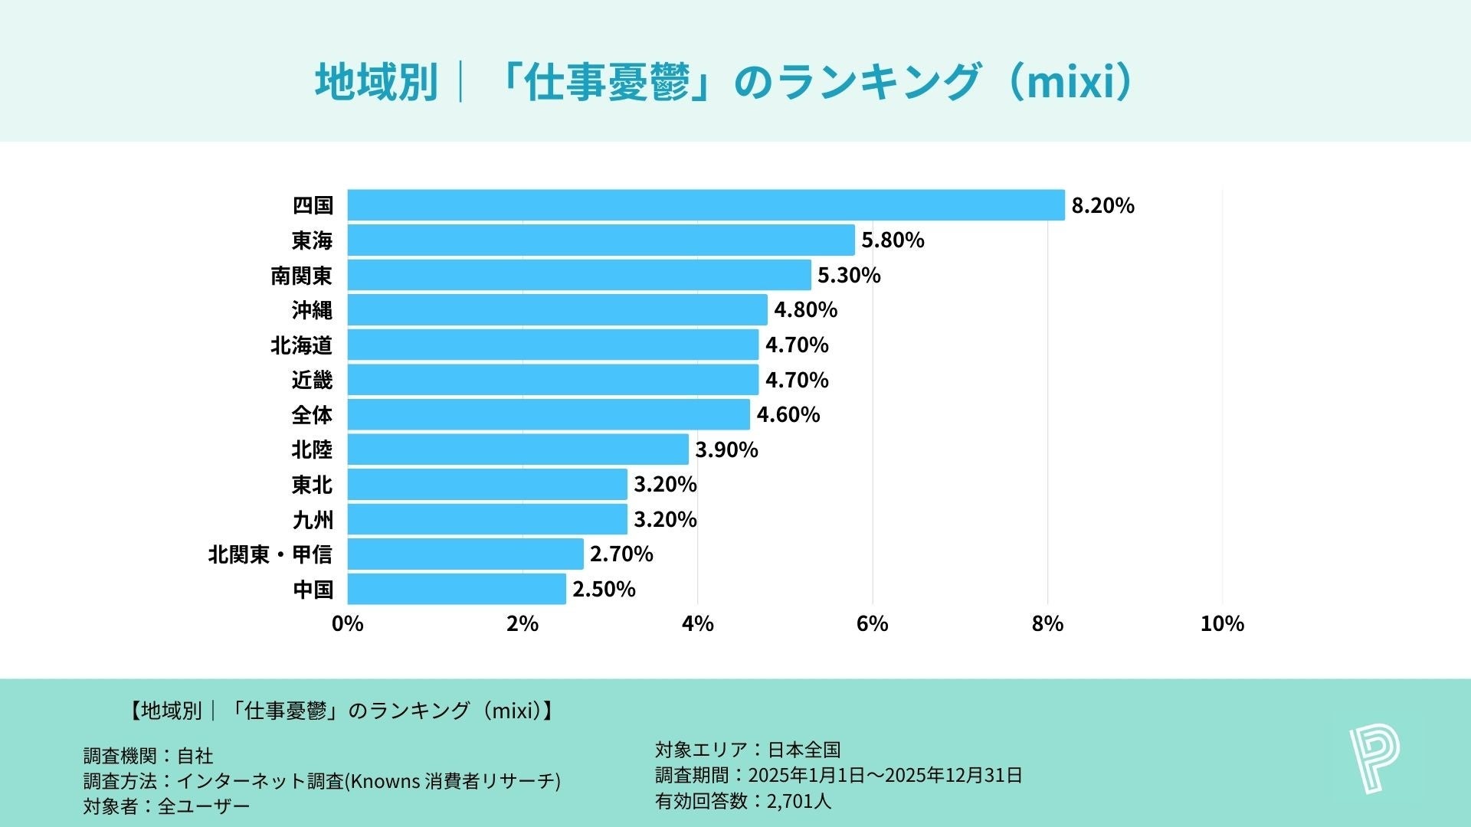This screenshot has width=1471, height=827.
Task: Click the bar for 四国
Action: coord(706,205)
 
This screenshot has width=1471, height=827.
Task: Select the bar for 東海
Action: coord(601,240)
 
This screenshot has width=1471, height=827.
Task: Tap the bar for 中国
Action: coord(457,589)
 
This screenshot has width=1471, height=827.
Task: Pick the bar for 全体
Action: coord(549,414)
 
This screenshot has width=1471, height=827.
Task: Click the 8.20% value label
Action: coord(1102,206)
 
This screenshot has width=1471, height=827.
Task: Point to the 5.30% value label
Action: coord(849,275)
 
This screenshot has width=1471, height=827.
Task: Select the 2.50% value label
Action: coord(604,590)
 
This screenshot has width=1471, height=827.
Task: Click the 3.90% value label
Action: coord(726,449)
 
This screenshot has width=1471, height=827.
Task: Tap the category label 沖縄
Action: coord(312,310)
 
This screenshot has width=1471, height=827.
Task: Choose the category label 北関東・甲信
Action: coord(270,554)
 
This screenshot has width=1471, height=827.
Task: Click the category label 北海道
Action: coord(301,345)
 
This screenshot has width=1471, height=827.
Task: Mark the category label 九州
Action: coord(313,520)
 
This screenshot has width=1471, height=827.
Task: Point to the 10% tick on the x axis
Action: coord(1222,624)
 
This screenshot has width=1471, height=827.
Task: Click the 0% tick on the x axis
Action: coord(347,624)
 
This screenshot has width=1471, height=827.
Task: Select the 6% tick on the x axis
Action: coord(872,624)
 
